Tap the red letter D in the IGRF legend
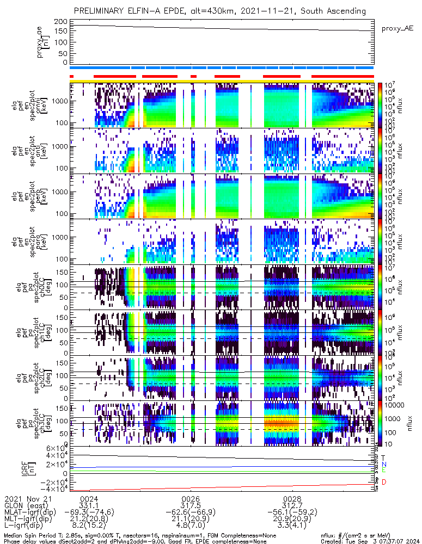(x=383, y=482)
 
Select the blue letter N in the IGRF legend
(x=383, y=463)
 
